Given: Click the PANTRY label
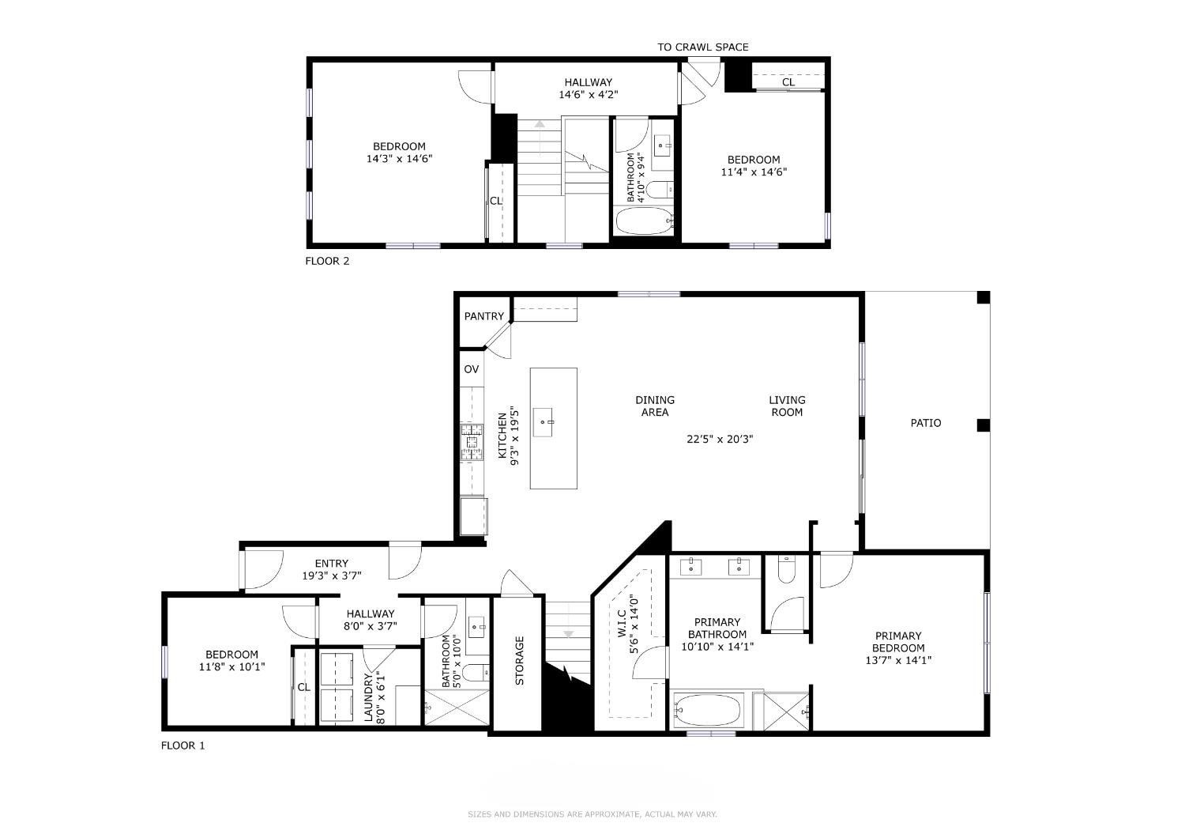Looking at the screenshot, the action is [483, 316].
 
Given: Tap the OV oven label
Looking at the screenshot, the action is [472, 369].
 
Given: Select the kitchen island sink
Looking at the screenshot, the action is [543, 422].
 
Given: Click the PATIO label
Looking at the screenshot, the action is [926, 422].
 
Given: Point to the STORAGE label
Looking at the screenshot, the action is [520, 661].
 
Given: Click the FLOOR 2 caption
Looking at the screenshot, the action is [328, 261].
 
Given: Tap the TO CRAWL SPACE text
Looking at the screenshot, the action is [703, 47].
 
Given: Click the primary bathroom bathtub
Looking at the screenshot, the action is [709, 711].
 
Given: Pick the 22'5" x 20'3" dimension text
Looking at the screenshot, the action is [720, 439].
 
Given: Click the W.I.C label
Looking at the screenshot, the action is [623, 624].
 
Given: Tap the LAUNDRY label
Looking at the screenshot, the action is [369, 698].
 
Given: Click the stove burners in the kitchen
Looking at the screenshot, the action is [472, 441].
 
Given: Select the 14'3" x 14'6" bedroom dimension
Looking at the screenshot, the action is [400, 158].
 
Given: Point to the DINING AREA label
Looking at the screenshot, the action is [655, 406].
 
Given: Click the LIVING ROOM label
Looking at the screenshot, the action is [787, 406].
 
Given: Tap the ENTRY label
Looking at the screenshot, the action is [332, 563].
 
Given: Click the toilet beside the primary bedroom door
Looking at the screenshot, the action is [787, 569].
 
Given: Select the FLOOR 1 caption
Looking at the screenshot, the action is [183, 746].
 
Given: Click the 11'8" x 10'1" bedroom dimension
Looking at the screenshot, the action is [231, 667].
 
